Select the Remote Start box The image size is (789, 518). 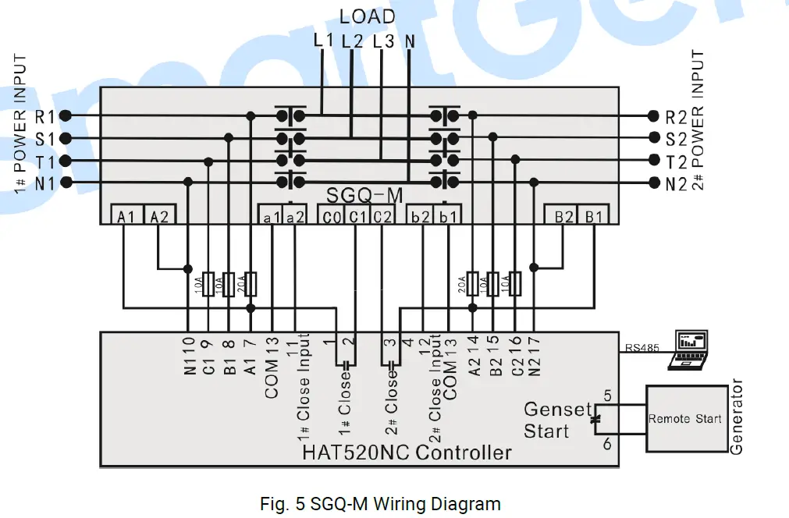point(684,419)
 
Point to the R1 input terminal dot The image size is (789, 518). point(66,115)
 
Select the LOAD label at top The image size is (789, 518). point(367,16)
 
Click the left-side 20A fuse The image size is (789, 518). point(251,282)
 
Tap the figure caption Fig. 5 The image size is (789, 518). point(380,503)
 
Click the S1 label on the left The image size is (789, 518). point(44,139)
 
